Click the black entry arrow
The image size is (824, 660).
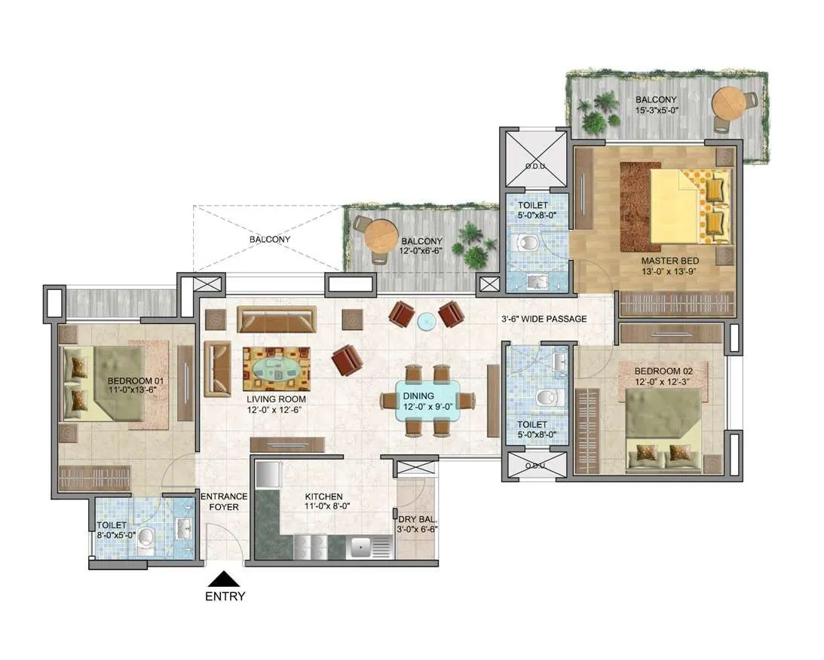point(224,579)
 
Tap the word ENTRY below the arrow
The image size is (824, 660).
point(225,597)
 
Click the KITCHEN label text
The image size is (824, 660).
point(323,497)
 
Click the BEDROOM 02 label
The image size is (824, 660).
point(663,371)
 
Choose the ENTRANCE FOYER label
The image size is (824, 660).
point(223,501)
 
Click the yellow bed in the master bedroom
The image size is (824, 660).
point(682,206)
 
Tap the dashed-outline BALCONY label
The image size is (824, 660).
point(269,239)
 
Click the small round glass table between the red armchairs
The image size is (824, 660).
point(427,321)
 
